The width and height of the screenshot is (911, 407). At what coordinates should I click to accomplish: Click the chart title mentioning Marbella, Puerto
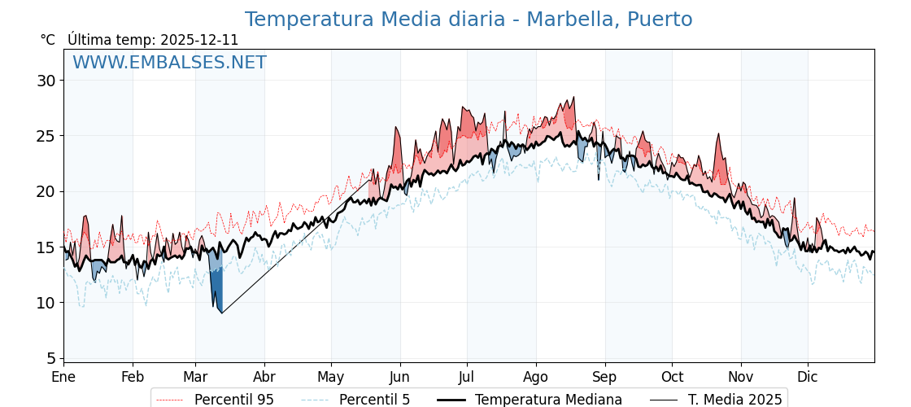point(469,20)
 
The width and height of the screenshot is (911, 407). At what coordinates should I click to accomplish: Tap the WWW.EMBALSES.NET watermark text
point(169,63)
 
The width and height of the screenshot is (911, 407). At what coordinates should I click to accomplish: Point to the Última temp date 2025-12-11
point(199,40)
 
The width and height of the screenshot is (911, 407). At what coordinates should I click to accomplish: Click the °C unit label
point(48,40)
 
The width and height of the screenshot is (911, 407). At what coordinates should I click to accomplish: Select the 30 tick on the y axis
point(46,81)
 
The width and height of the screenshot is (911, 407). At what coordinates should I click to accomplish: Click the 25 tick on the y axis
point(46,136)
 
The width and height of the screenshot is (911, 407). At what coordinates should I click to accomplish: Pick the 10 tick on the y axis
point(46,303)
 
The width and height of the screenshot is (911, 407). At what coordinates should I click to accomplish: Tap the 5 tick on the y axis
point(50,358)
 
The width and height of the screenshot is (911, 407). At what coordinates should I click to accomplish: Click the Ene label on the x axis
point(63,378)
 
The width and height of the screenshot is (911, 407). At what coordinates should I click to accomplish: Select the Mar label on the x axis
point(195,378)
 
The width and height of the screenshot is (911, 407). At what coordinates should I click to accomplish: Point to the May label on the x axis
point(331,378)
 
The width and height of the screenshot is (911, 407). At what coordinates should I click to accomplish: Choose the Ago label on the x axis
point(536,378)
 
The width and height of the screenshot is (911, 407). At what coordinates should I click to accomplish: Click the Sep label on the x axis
point(604,378)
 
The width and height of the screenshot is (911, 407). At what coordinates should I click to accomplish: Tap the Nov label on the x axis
point(741,378)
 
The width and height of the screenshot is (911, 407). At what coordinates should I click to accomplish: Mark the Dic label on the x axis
point(808,378)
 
